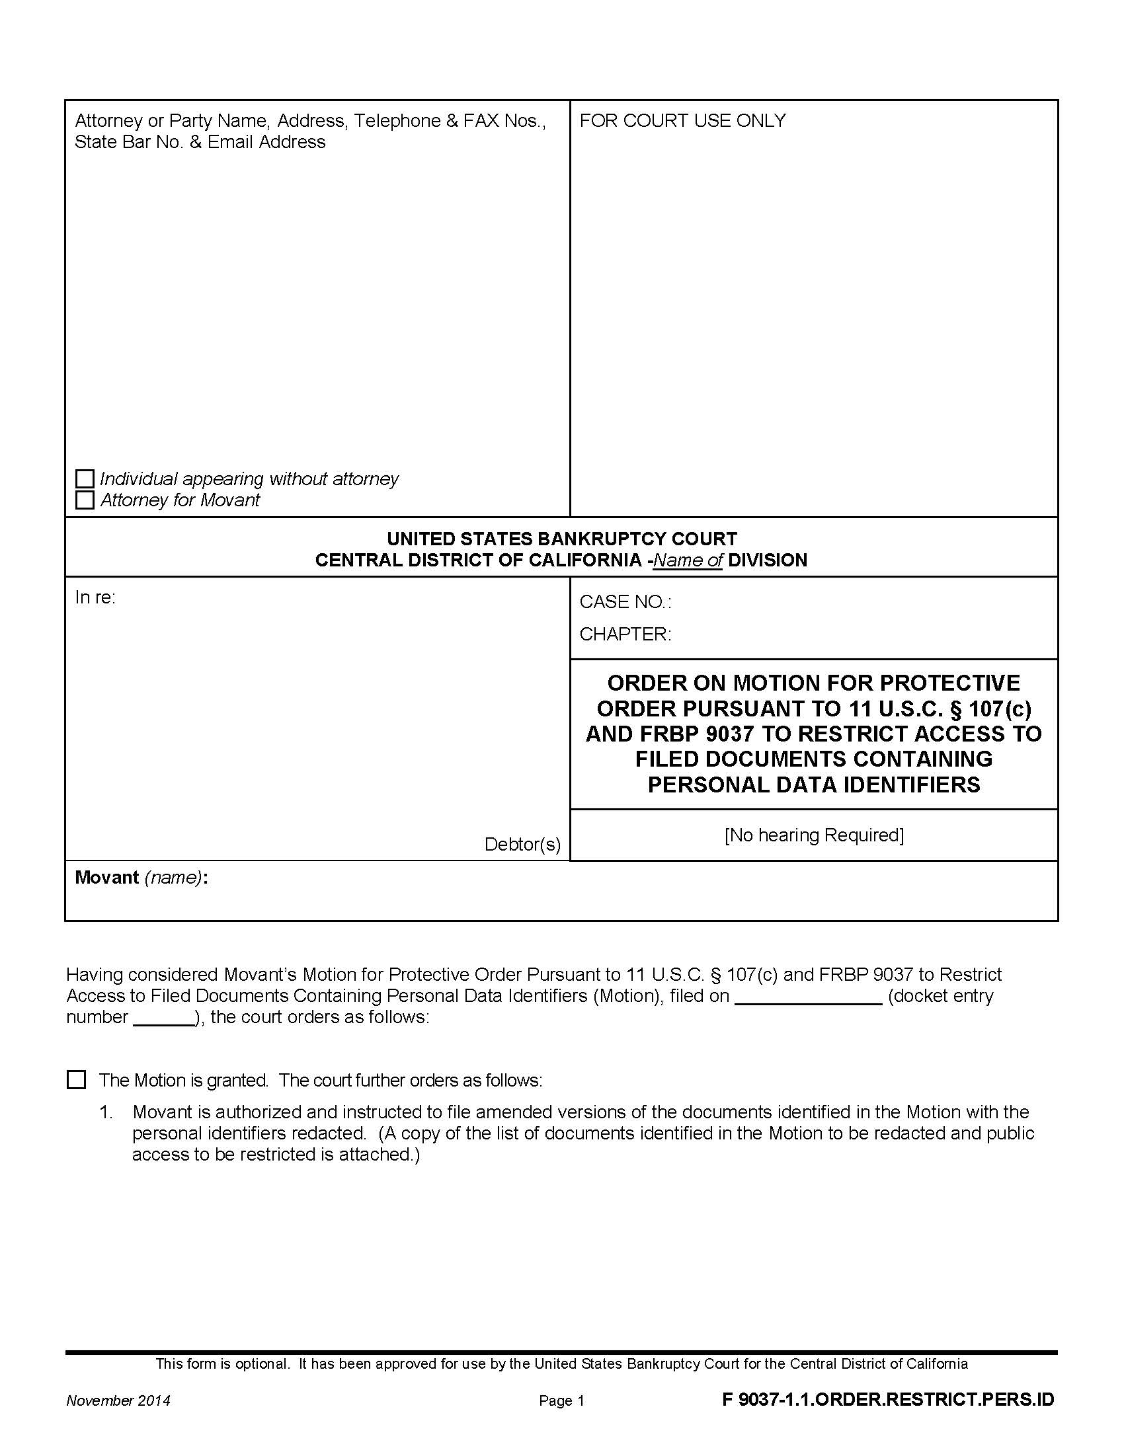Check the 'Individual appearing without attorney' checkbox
tap(85, 478)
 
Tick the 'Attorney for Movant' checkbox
tap(85, 500)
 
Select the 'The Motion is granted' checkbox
tap(77, 1079)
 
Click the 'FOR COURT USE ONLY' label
tap(682, 120)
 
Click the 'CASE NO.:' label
tap(625, 602)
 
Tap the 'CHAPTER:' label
tap(625, 634)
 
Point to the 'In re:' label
tap(95, 597)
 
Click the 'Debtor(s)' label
tap(522, 844)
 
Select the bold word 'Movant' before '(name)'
tap(106, 878)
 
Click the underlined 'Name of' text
tap(688, 560)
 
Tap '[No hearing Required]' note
tap(814, 835)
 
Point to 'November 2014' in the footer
tap(118, 1400)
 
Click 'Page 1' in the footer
tap(561, 1400)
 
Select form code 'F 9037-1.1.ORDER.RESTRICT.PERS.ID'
tap(888, 1399)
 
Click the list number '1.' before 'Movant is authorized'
tap(106, 1112)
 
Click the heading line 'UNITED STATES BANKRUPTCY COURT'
tap(561, 539)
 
